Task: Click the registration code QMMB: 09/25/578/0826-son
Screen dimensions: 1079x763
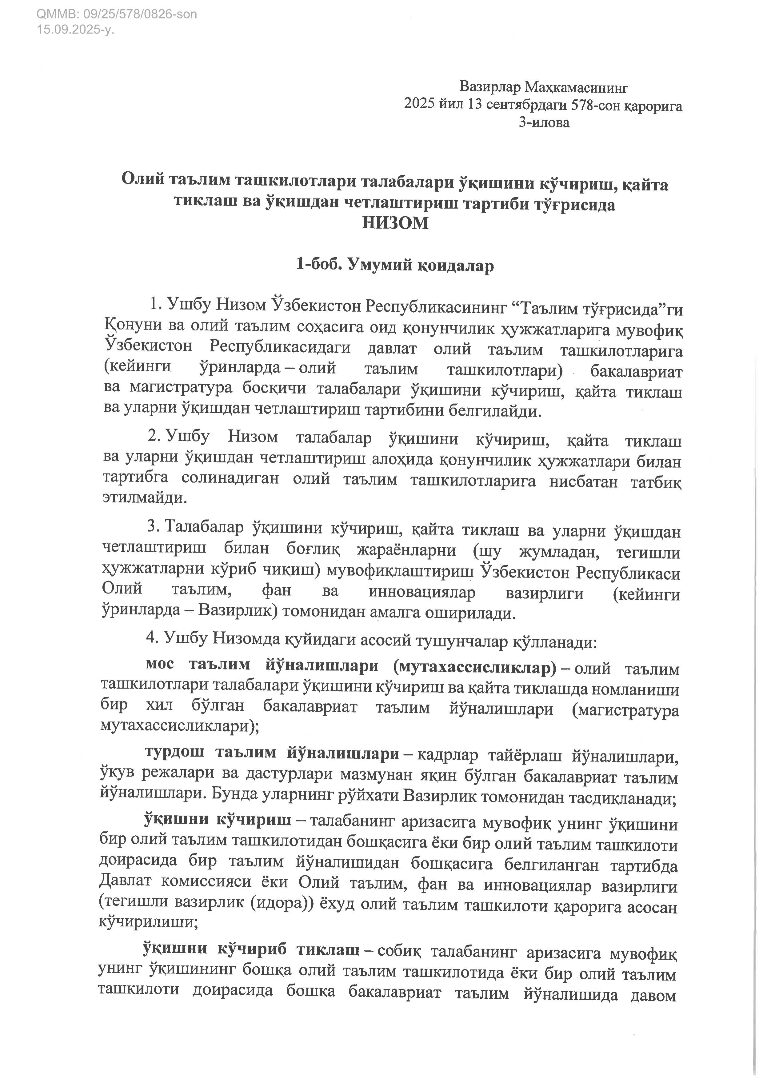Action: pyautogui.click(x=117, y=14)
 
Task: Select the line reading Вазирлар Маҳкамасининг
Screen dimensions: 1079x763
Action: pyautogui.click(x=544, y=87)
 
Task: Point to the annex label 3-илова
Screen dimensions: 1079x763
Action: pyautogui.click(x=544, y=123)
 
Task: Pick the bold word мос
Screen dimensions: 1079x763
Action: pyautogui.click(x=160, y=665)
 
